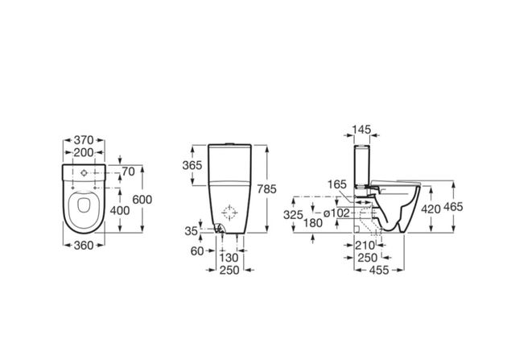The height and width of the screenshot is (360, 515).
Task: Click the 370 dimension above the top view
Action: pyautogui.click(x=84, y=140)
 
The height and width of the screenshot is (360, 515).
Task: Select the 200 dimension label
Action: pyautogui.click(x=84, y=152)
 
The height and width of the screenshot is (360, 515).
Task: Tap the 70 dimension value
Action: pyautogui.click(x=129, y=172)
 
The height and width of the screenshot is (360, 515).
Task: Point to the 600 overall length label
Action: pyautogui.click(x=142, y=200)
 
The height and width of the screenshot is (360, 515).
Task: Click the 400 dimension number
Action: pyautogui.click(x=120, y=210)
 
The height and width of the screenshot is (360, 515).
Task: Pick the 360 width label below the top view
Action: pyautogui.click(x=84, y=246)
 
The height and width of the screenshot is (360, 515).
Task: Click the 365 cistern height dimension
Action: pyautogui.click(x=192, y=165)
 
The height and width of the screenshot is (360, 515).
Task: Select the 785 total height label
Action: pyautogui.click(x=266, y=189)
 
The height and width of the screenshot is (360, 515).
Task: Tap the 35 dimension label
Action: pyautogui.click(x=192, y=231)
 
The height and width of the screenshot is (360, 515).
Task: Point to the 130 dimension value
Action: pyautogui.click(x=229, y=258)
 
